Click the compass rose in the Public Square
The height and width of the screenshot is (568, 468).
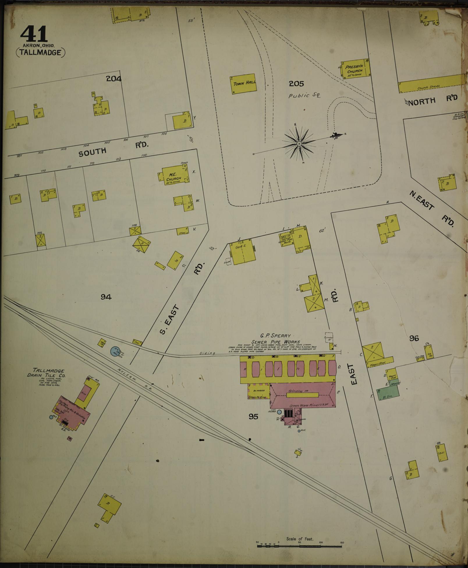(x=299, y=144)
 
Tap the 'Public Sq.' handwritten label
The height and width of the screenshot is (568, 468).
(x=304, y=96)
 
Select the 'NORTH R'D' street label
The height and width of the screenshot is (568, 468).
(x=433, y=100)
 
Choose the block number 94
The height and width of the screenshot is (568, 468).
(x=106, y=297)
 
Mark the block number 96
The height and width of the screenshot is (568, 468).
(x=414, y=338)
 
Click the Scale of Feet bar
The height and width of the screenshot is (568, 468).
(x=300, y=545)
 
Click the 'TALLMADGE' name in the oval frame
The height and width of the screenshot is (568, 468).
(x=40, y=52)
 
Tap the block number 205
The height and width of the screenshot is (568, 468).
(x=296, y=84)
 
